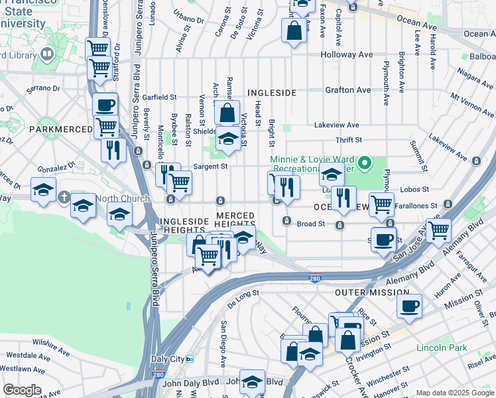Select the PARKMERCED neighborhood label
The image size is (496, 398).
point(54,128)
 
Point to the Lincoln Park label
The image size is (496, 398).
point(442,348)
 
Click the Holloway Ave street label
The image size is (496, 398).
point(345,55)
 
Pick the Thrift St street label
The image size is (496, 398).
point(348,140)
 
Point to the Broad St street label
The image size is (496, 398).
point(310,224)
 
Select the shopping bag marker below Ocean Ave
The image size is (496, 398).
point(294,30)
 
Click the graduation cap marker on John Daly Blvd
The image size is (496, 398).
point(252,381)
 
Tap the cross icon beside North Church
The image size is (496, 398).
point(64,197)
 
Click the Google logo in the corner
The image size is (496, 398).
point(22,390)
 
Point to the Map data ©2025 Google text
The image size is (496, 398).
point(454,393)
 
